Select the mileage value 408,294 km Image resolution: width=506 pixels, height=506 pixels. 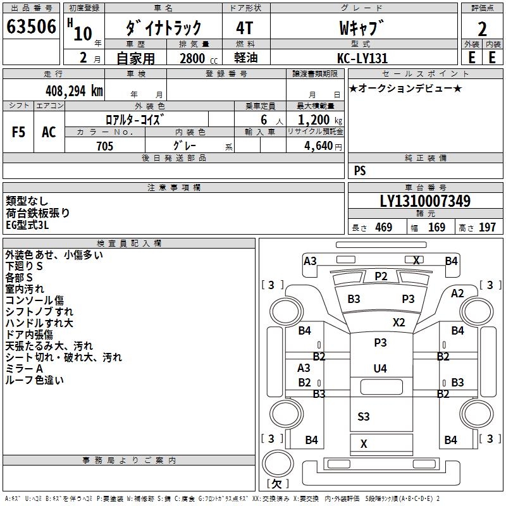coord(73,90)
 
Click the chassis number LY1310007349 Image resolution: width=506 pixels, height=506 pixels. coord(425,202)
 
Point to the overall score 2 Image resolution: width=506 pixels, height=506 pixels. coord(482,28)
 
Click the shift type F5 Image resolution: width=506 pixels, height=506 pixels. coord(19,132)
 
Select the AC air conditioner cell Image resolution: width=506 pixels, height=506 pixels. coord(49,132)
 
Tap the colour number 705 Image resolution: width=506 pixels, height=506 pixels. coord(104,146)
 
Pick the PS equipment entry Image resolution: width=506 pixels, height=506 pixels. coord(360,171)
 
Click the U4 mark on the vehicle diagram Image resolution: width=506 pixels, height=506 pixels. coord(380,368)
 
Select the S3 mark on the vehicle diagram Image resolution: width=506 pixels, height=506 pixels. coord(364,416)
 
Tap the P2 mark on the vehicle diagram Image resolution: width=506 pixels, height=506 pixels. coord(381,276)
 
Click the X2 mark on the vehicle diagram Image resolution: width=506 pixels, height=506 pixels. coord(398,322)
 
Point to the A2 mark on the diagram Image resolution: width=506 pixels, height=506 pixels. coord(457,293)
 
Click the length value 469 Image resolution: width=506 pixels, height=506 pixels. coord(383,227)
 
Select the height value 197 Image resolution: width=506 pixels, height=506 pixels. coord(488,227)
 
